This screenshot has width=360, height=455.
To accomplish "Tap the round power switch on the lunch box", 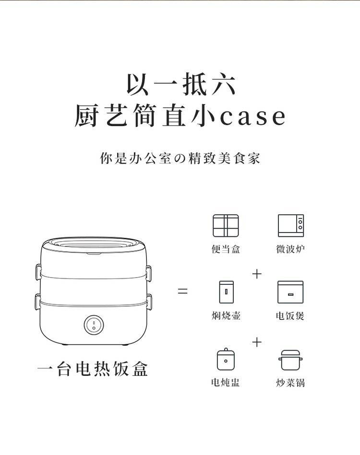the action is tap(94, 325).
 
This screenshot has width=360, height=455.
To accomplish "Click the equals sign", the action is tap(182, 291).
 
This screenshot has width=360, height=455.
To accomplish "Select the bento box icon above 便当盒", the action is tap(226, 226).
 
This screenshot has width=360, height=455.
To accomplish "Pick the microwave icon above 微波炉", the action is tap(291, 226).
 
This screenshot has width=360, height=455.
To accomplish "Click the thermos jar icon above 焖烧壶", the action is tap(227, 292).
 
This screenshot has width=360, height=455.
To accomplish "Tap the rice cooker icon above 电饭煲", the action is tap(290, 292).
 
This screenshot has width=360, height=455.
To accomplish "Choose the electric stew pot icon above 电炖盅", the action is tap(226, 359).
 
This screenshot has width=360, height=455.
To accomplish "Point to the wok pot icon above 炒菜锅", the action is tap(290, 360).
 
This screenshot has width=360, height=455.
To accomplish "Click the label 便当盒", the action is tap(226, 249).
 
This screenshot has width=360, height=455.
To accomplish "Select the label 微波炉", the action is tap(290, 249).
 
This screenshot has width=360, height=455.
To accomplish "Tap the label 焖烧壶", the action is tap(226, 315).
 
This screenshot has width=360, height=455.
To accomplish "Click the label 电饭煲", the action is tap(290, 315).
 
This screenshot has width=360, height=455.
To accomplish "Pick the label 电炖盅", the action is tap(226, 383).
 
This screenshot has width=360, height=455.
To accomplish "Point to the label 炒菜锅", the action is tap(290, 383).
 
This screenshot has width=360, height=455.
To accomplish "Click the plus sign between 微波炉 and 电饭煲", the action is tap(257, 274).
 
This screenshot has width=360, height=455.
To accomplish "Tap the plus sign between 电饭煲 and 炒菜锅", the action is tap(257, 342).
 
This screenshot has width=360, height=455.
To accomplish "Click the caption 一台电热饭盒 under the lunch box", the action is tap(93, 369).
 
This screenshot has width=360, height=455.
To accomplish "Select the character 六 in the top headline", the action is tap(223, 84).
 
